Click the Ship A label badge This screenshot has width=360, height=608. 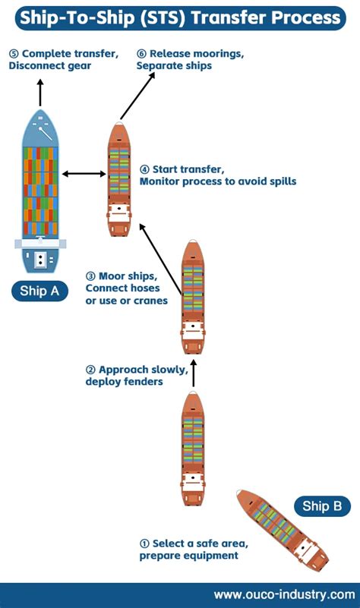(39, 291)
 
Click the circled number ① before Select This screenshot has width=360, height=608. (144, 543)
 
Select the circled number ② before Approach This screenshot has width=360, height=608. (91, 370)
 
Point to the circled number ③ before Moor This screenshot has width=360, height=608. (91, 276)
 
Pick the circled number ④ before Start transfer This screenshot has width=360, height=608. (145, 169)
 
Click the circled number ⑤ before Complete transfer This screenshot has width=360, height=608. (14, 54)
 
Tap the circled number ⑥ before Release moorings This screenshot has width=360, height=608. (142, 54)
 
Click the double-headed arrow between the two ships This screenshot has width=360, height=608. (84, 175)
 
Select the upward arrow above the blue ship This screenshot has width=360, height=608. (40, 93)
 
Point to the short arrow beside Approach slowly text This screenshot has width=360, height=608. (193, 373)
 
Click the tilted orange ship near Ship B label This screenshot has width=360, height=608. (282, 529)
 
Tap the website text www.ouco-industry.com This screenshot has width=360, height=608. (285, 594)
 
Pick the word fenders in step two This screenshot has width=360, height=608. (143, 382)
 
